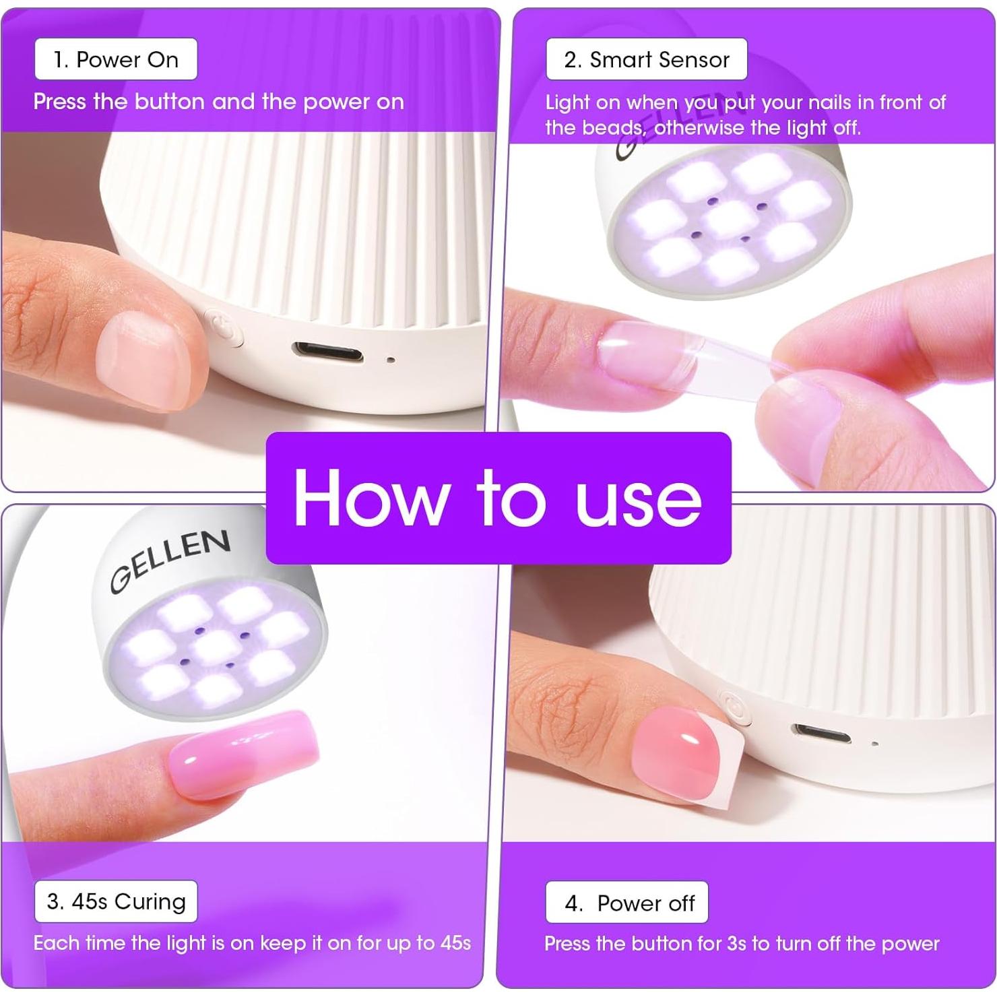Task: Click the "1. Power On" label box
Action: (116, 59)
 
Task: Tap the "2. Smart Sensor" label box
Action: (646, 59)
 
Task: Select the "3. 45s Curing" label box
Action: (116, 901)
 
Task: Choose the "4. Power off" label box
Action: (626, 903)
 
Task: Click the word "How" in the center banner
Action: (371, 498)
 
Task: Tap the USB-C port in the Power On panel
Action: (327, 352)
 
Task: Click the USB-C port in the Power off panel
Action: (821, 733)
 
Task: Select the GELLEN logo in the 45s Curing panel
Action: (170, 560)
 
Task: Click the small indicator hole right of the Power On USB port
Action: (391, 360)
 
